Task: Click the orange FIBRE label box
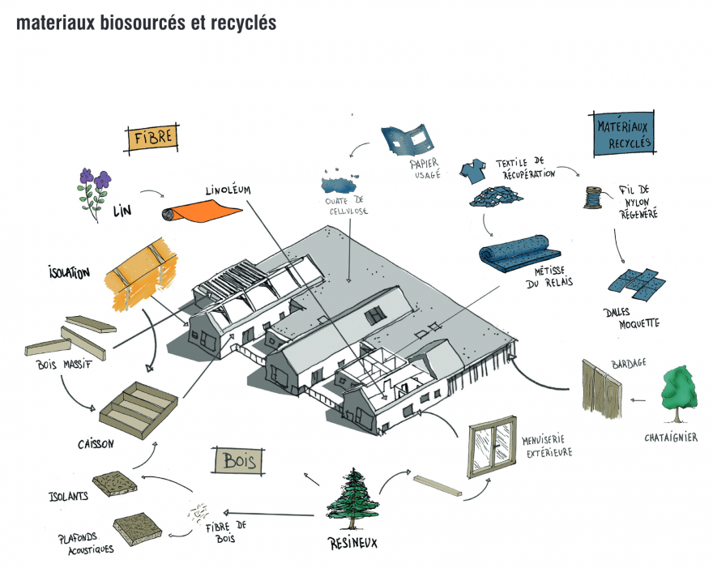click(x=152, y=139)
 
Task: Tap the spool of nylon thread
click(x=593, y=197)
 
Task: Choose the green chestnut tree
click(x=679, y=394)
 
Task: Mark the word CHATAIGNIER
click(x=671, y=437)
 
